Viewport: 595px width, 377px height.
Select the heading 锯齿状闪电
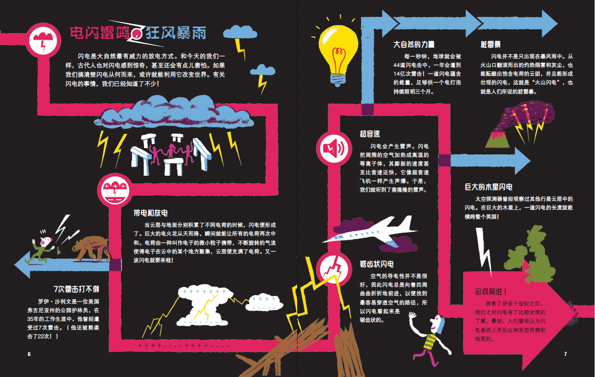pyautogui.click(x=377, y=264)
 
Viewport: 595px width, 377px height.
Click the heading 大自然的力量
pyautogui.click(x=414, y=44)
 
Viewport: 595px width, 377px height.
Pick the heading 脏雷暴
pyautogui.click(x=491, y=44)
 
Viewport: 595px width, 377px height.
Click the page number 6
pyautogui.click(x=30, y=354)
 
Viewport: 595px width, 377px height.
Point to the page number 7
pyautogui.click(x=565, y=354)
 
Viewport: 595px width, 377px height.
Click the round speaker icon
pyautogui.click(x=332, y=149)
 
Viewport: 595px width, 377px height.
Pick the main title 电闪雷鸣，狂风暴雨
pyautogui.click(x=138, y=33)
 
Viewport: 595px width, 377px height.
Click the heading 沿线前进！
pyautogui.click(x=491, y=292)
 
